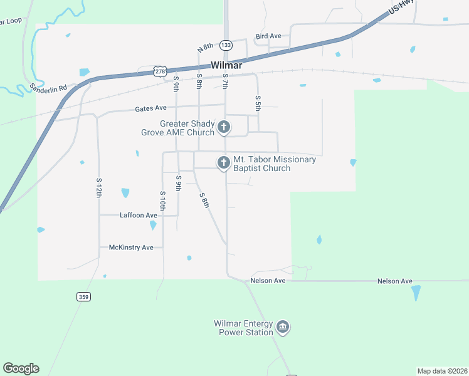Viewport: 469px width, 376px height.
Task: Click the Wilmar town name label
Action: [x=226, y=65]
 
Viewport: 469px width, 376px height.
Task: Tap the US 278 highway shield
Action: [x=161, y=71]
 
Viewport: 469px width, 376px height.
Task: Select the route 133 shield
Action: [x=226, y=45]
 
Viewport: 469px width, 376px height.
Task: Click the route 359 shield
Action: [x=83, y=296]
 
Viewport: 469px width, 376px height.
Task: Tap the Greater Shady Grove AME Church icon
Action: [x=223, y=128]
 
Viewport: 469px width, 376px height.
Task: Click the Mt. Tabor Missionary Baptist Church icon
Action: [x=223, y=163]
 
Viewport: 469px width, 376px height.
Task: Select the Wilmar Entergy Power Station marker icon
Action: [x=283, y=327]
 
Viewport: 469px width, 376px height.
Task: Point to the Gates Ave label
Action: [x=151, y=109]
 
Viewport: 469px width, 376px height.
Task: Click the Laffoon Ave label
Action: [x=139, y=216]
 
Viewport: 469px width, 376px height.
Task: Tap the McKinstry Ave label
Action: [x=131, y=248]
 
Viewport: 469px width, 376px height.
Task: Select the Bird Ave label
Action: [x=268, y=36]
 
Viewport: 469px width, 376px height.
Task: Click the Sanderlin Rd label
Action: [x=49, y=88]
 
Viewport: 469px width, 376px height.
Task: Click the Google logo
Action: [x=21, y=368]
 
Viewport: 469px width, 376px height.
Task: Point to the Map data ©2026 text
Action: [x=442, y=371]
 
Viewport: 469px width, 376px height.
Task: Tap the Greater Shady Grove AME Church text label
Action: [x=187, y=128]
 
